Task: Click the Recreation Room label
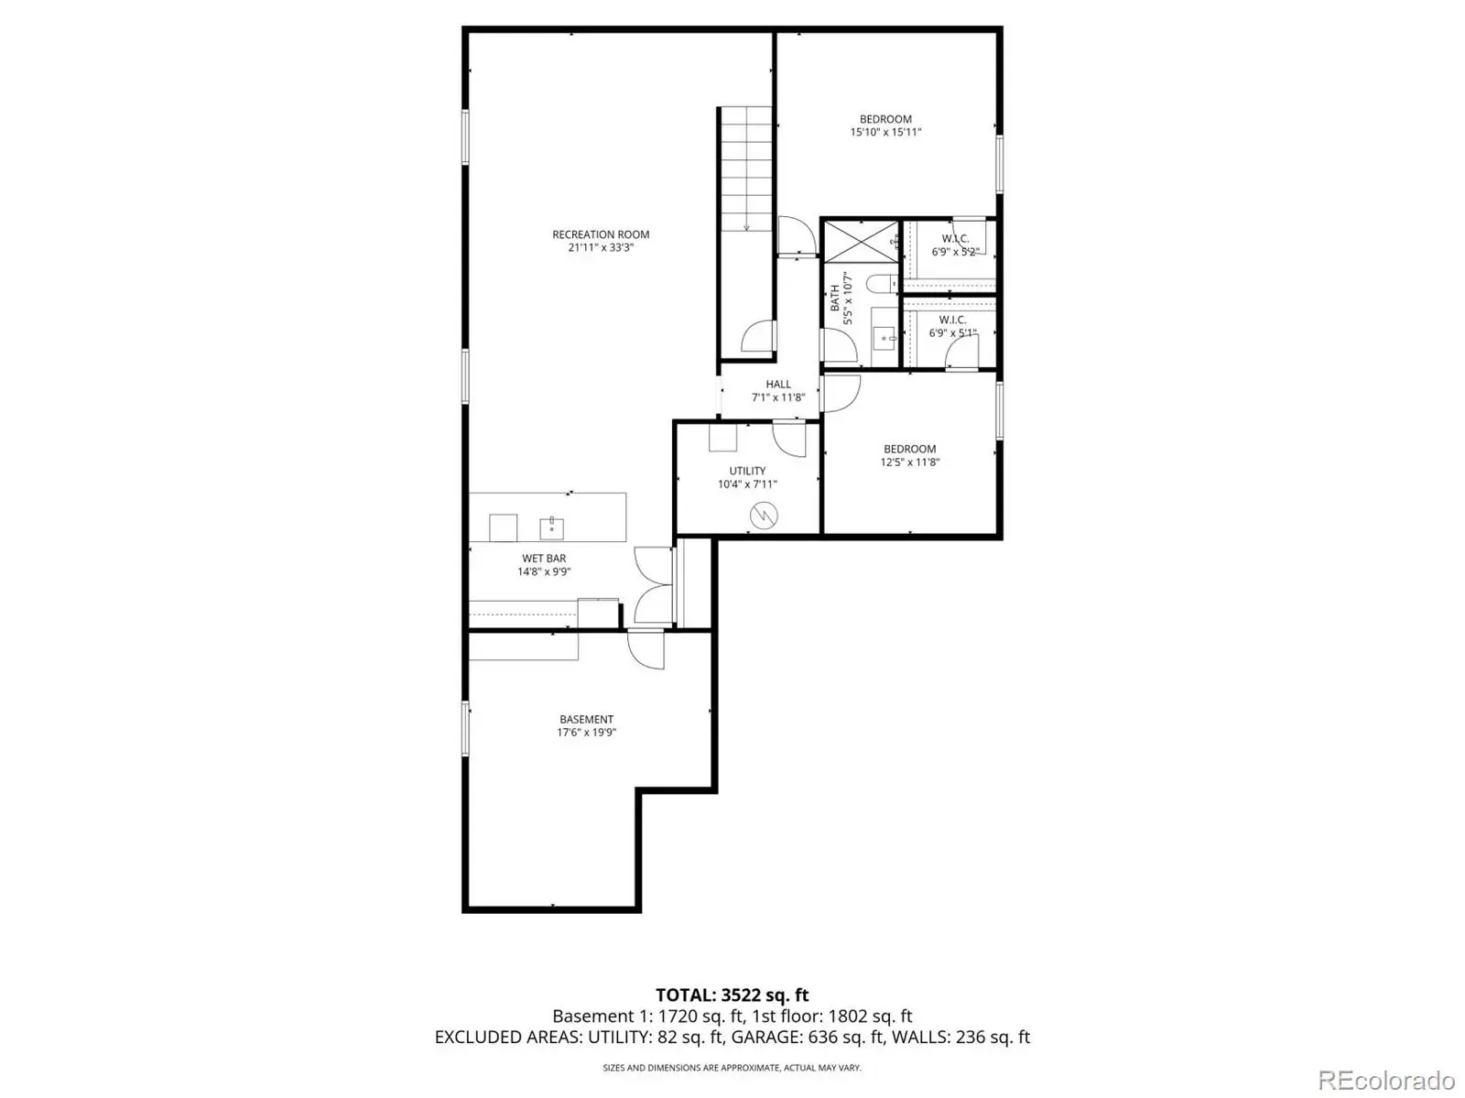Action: point(600,234)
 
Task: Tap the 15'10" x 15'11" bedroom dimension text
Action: point(885,132)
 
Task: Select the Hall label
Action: point(778,385)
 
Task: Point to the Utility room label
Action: point(747,471)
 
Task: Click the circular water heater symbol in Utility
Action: point(764,516)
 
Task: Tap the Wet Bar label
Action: point(544,558)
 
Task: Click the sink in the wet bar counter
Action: point(551,528)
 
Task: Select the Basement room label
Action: point(586,719)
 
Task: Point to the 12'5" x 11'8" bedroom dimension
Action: point(910,462)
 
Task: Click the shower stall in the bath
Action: point(862,242)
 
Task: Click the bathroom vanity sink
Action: point(885,338)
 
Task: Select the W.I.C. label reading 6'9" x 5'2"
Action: point(955,245)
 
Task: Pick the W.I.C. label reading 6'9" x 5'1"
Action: point(952,326)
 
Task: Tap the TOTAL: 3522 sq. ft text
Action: point(732,995)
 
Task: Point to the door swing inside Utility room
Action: point(789,440)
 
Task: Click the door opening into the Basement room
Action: point(646,648)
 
